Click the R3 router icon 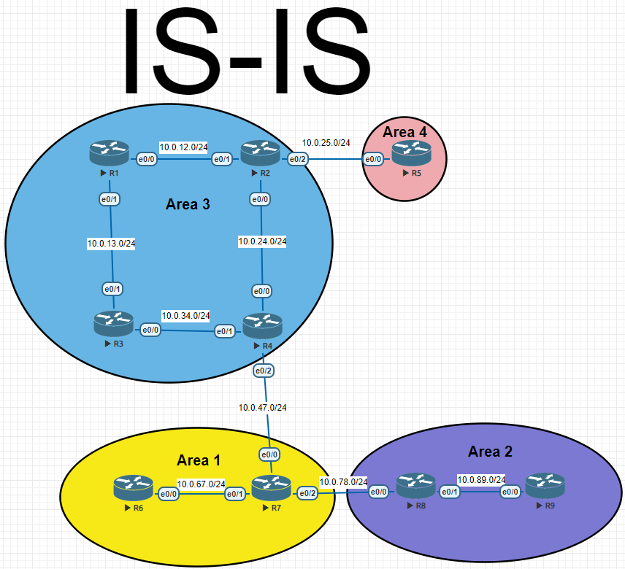[113, 324]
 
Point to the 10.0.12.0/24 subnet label [183, 147]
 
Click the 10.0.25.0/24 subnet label [326, 143]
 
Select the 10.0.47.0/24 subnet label [263, 408]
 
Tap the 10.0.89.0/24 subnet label [481, 479]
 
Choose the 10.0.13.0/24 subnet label [111, 244]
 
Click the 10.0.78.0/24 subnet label [342, 481]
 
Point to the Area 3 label [188, 204]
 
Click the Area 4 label [404, 132]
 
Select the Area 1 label [199, 460]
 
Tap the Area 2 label [490, 452]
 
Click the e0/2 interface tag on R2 [296, 159]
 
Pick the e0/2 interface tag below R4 [264, 371]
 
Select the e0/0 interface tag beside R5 [373, 159]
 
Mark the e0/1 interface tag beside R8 [450, 492]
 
